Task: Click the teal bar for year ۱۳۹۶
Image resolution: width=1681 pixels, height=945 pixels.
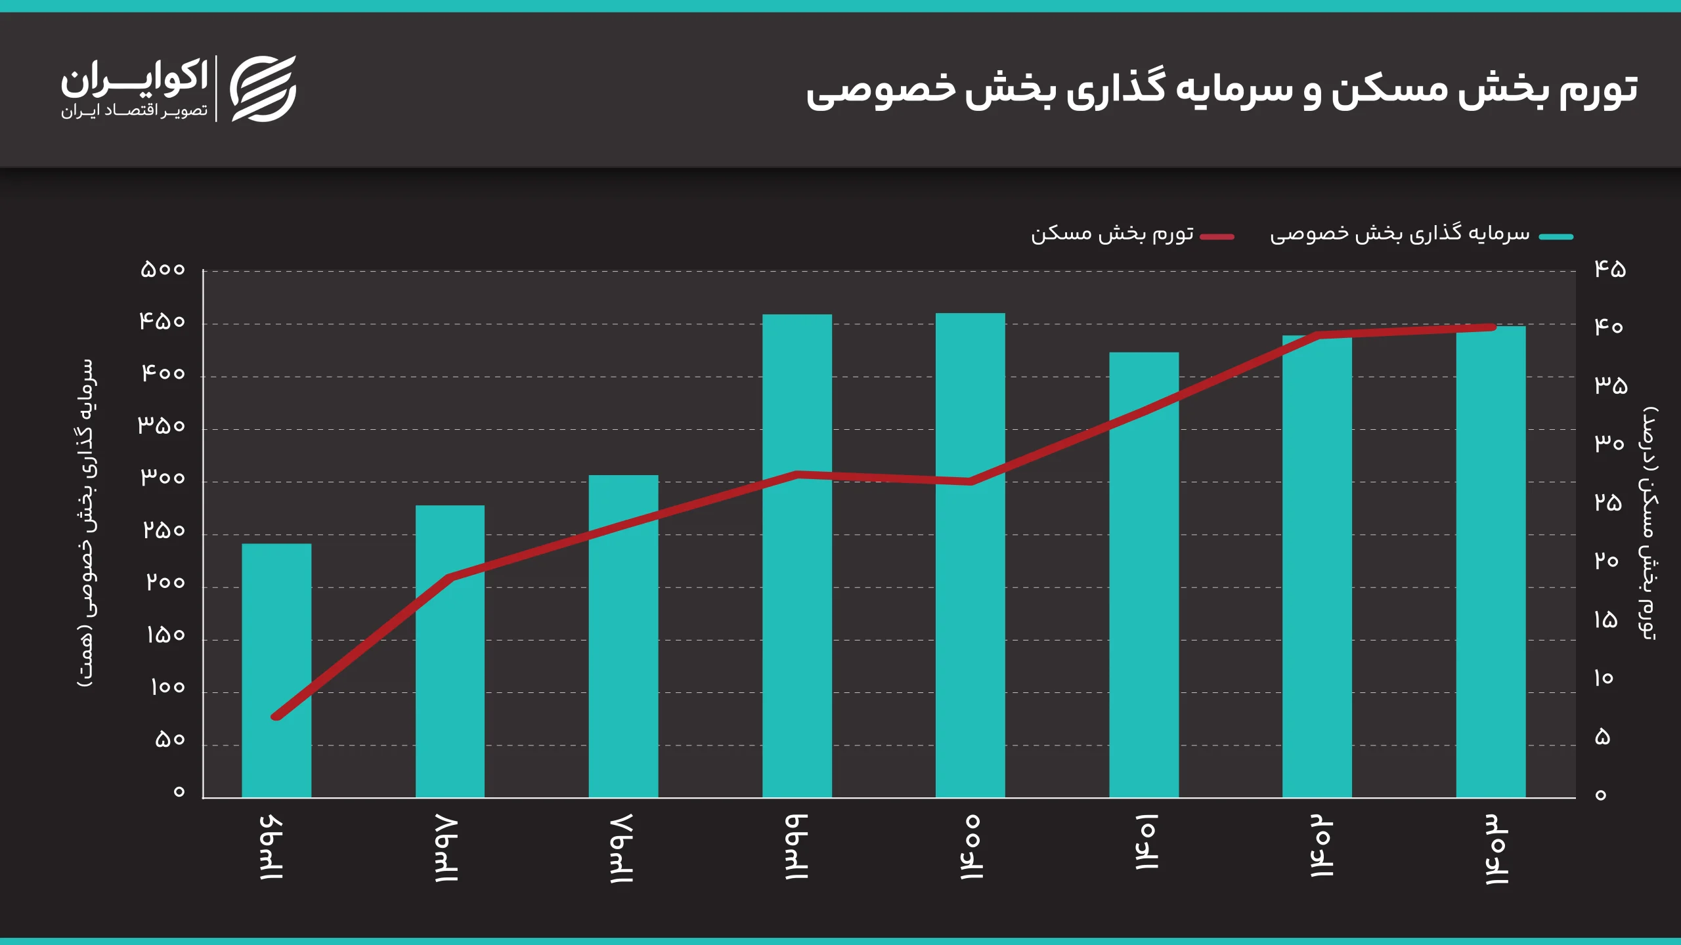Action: (x=276, y=669)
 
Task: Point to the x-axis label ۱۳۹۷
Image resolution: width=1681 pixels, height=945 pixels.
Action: (x=447, y=849)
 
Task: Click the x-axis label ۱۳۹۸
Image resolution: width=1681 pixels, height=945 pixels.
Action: (x=621, y=849)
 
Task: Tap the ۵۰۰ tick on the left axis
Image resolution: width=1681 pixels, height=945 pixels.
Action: (x=163, y=270)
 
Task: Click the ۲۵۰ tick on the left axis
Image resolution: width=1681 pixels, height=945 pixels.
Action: (x=164, y=530)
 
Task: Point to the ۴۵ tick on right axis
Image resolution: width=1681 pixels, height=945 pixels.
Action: (x=1610, y=268)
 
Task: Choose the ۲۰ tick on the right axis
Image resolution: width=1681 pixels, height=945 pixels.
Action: (x=1606, y=561)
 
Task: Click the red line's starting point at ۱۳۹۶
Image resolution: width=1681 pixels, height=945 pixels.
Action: (x=276, y=717)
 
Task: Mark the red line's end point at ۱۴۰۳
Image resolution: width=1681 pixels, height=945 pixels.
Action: (x=1493, y=327)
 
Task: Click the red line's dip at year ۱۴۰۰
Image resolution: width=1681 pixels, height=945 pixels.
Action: (x=970, y=482)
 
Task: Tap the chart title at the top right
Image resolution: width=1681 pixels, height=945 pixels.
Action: (x=1221, y=89)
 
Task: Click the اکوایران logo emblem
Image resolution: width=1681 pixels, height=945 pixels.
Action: (x=263, y=89)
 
